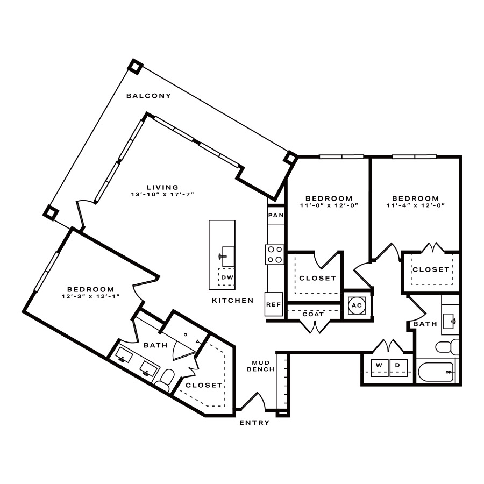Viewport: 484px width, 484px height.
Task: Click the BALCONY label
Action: (148, 96)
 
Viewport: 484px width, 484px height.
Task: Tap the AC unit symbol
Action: (357, 305)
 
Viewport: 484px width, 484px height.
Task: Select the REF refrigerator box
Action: (274, 304)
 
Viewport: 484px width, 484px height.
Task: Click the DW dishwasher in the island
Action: (226, 277)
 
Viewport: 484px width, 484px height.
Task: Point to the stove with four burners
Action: (275, 254)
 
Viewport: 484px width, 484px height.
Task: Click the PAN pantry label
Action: (276, 215)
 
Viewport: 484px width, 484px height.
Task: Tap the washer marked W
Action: (379, 368)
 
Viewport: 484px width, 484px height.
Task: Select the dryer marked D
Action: (398, 368)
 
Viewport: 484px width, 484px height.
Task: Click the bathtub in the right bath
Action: (436, 372)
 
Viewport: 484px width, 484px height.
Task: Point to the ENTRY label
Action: (254, 423)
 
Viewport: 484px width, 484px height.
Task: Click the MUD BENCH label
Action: (261, 366)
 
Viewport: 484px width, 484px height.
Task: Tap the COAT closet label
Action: (313, 314)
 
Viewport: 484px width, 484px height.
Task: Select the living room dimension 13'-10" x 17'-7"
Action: (162, 195)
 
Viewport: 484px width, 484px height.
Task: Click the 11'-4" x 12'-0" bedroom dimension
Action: (416, 205)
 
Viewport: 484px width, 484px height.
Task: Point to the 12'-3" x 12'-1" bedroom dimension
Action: (90, 296)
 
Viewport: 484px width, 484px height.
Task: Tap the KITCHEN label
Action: (233, 300)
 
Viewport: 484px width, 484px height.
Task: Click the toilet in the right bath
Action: (447, 347)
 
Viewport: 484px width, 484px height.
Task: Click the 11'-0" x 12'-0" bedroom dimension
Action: (329, 205)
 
